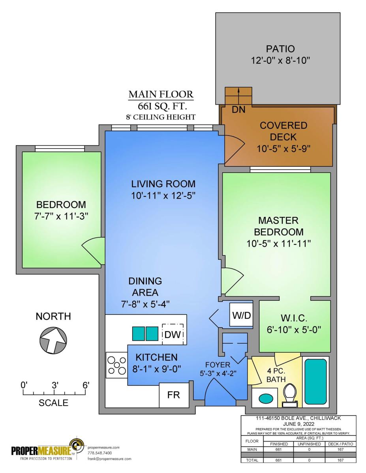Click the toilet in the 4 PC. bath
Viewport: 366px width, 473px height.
(x=290, y=395)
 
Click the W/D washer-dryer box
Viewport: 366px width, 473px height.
(x=241, y=315)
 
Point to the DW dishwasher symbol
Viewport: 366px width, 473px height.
(x=173, y=334)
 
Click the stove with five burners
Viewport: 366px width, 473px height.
(x=117, y=365)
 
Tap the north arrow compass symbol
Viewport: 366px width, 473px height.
(x=53, y=340)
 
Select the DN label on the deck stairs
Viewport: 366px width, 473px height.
(x=238, y=110)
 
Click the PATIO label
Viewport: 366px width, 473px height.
(x=280, y=49)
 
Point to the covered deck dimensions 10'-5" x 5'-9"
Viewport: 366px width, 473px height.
(x=283, y=149)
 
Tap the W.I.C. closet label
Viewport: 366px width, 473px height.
(x=294, y=318)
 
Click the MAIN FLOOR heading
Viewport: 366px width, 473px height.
(x=161, y=95)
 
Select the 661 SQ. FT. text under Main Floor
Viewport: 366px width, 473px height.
(x=162, y=106)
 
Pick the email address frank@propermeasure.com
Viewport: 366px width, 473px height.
(x=109, y=458)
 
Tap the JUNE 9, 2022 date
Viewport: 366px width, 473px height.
(x=298, y=424)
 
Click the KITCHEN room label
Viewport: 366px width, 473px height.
(x=156, y=358)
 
